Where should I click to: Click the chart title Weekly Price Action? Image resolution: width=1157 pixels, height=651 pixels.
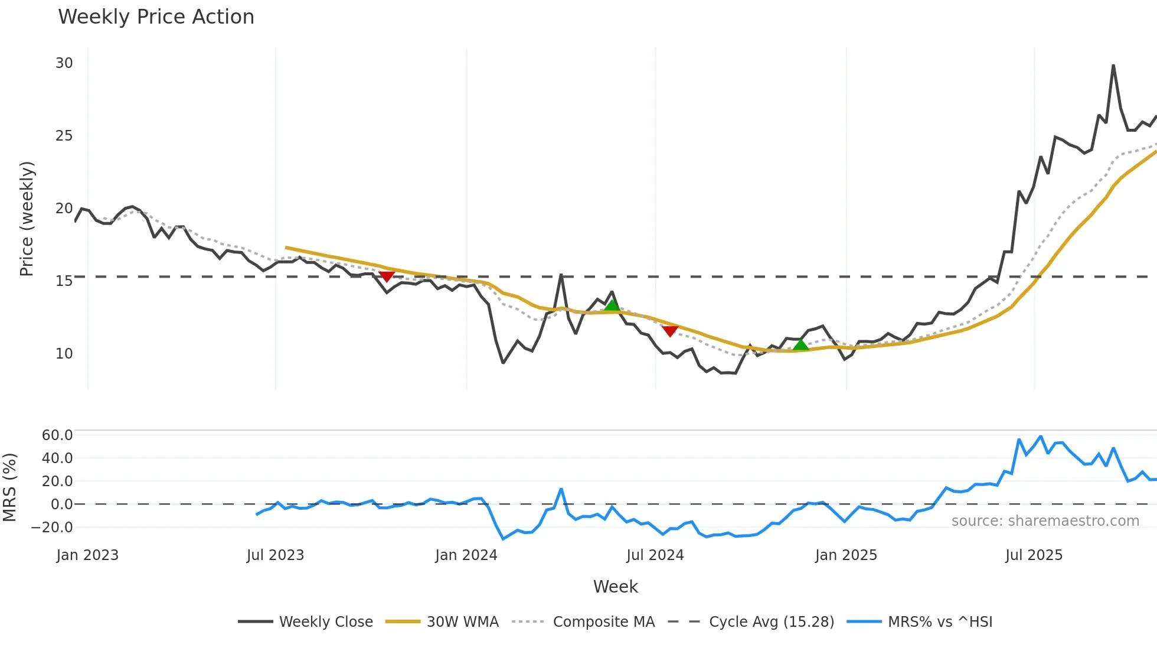(156, 17)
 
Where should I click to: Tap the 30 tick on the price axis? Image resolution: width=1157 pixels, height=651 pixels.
(64, 63)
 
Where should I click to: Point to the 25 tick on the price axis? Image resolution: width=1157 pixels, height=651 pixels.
(64, 136)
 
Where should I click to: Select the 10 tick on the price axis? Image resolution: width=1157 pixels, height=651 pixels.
(64, 354)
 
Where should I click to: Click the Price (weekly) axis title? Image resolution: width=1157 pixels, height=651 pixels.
(27, 219)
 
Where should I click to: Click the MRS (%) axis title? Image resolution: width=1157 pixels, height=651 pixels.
(9, 487)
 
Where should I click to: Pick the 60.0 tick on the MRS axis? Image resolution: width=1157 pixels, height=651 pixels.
(57, 435)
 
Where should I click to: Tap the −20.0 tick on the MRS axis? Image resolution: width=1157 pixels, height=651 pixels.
(53, 528)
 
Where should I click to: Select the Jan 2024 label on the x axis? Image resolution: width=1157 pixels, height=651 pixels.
(466, 555)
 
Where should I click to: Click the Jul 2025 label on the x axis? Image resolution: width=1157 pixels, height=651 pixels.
(1034, 555)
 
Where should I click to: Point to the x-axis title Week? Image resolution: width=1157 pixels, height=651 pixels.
(615, 587)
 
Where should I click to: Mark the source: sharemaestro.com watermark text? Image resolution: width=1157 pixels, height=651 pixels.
(1045, 521)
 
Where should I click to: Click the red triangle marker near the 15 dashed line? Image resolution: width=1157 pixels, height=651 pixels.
(387, 276)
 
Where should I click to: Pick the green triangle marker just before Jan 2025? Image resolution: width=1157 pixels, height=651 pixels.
(800, 344)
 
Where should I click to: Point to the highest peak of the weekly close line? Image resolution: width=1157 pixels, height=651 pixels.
(1113, 66)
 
